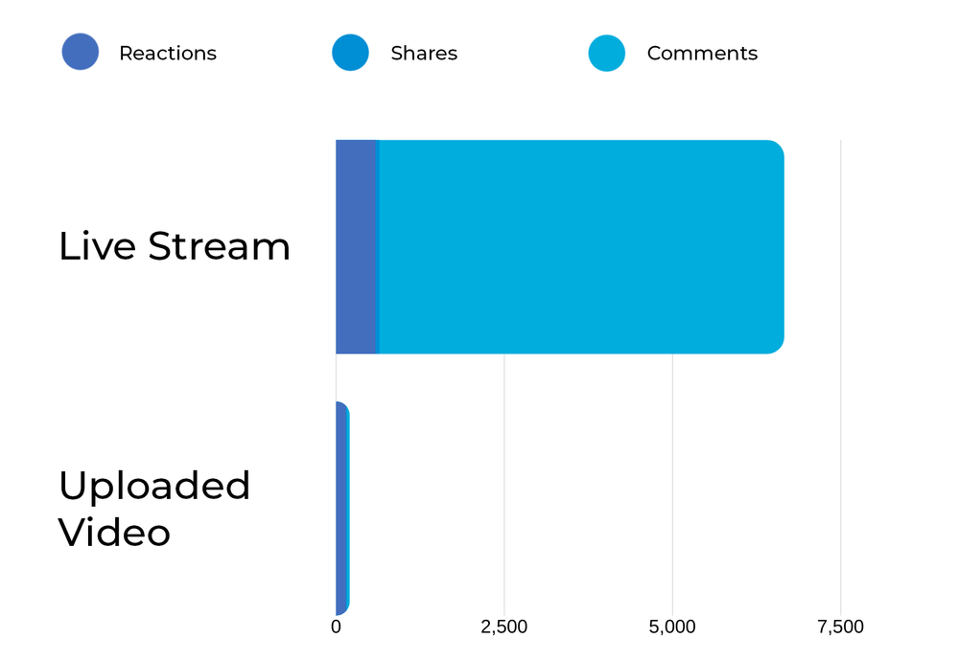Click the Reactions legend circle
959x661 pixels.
pyautogui.click(x=81, y=53)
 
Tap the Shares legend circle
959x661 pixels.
pyautogui.click(x=350, y=53)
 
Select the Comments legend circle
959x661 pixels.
pyautogui.click(x=606, y=53)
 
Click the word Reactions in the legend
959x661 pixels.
pyautogui.click(x=168, y=54)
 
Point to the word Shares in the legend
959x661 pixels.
pyautogui.click(x=424, y=54)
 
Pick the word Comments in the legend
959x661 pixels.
pyautogui.click(x=702, y=54)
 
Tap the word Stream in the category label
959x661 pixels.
pyautogui.click(x=219, y=246)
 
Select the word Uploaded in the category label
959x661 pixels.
pyautogui.click(x=154, y=486)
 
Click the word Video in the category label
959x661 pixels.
pyautogui.click(x=114, y=532)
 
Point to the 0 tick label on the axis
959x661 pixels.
pyautogui.click(x=336, y=627)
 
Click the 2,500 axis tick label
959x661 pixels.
pyautogui.click(x=503, y=627)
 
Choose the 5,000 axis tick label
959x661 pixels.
pyautogui.click(x=672, y=627)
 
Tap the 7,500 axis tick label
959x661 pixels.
pyautogui.click(x=840, y=627)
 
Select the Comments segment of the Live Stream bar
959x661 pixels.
pyautogui.click(x=581, y=247)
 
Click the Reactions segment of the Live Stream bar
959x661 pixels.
pyautogui.click(x=356, y=247)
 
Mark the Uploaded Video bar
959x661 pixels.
pyautogui.click(x=341, y=508)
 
